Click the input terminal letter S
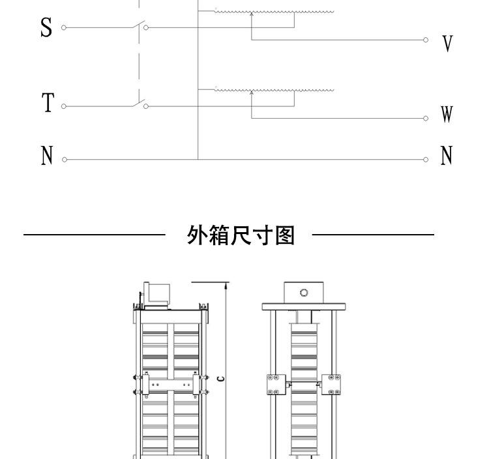46,28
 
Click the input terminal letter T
48,103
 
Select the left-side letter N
46,156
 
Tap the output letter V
447,44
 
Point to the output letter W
447,115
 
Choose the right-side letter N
447,156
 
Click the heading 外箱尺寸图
241,235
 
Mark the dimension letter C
221,378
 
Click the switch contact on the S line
138,25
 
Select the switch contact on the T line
138,102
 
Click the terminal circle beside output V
426,40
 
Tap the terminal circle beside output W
426,118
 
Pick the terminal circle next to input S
63,27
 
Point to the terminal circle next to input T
63,106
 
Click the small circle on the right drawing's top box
303,292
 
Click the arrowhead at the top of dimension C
226,284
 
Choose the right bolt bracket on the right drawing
334,384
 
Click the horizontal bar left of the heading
95,233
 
